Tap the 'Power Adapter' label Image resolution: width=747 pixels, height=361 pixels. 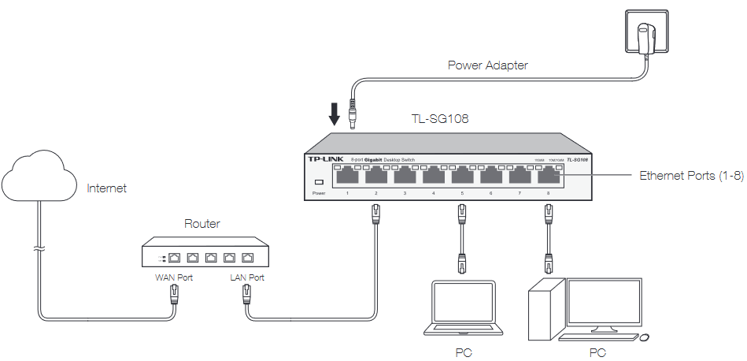point(487,65)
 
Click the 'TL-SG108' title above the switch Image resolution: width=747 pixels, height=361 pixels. point(441,120)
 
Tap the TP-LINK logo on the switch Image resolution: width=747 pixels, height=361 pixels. point(324,159)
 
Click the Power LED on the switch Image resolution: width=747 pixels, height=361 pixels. point(319,182)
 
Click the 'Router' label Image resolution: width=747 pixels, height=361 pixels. point(202,224)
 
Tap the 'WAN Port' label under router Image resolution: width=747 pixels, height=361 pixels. point(173,277)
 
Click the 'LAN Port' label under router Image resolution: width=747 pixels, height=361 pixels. point(246,277)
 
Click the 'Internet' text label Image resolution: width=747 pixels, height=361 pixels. point(106,188)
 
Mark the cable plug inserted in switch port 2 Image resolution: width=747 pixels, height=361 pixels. point(376,211)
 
